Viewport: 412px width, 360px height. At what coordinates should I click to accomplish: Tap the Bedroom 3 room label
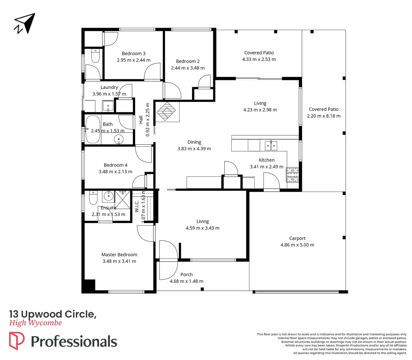coord(133,53)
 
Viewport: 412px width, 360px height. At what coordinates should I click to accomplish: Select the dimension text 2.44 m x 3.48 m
coord(188,68)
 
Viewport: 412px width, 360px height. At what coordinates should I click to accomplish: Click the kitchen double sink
coord(271,145)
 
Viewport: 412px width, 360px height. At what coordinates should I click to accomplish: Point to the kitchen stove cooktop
coord(293,175)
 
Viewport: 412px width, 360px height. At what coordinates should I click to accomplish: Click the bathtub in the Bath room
coord(93,129)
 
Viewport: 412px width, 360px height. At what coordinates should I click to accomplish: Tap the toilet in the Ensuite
coord(93,198)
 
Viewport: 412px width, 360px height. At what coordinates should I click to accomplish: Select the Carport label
coord(297,238)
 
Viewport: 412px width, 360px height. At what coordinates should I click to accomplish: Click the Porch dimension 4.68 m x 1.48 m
coord(186,281)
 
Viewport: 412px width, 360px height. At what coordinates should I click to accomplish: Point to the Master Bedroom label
coord(119,255)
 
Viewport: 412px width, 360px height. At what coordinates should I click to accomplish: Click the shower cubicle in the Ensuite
coord(123,200)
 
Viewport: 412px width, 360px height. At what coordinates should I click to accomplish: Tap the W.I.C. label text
coord(137,206)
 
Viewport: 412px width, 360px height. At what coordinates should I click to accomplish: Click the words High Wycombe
coord(35,323)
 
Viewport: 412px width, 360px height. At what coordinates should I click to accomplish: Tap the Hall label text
coord(141,120)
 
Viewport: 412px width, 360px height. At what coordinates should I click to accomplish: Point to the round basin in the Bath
coord(119,139)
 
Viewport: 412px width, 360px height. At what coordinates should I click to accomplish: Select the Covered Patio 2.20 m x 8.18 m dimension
coord(324,116)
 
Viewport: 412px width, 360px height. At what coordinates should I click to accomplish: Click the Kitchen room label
coord(267,160)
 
